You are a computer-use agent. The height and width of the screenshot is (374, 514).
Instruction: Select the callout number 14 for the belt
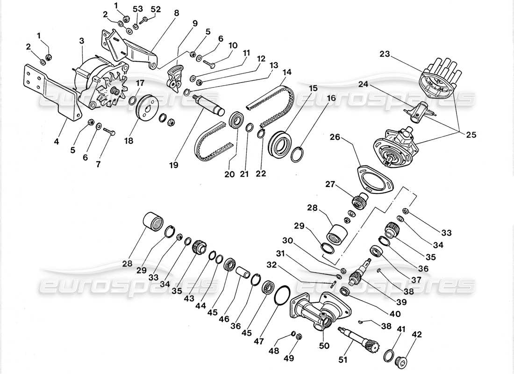(x=286, y=73)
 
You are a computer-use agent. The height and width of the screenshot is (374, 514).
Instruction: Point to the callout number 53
(x=136, y=9)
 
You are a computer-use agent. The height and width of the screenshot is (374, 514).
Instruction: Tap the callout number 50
(x=324, y=346)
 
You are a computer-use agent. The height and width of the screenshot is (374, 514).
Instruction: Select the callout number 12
(x=260, y=59)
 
